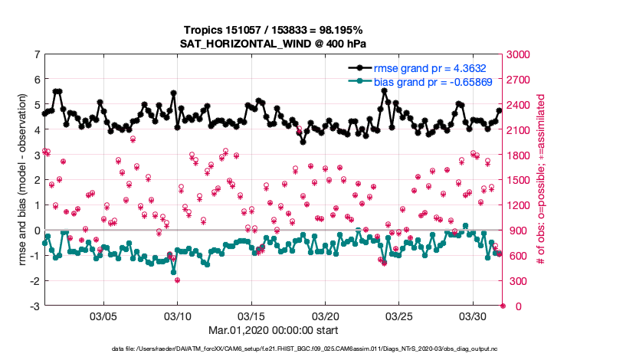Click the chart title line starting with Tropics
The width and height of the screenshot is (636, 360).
click(274, 28)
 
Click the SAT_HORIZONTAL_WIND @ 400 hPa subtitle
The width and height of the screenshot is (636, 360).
click(274, 43)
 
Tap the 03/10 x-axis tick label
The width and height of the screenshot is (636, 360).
click(178, 316)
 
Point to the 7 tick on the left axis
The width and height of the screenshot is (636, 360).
click(37, 55)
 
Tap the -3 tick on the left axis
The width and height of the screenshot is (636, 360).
click(34, 306)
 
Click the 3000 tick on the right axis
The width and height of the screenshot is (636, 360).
click(519, 55)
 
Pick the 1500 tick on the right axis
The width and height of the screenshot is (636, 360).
click(519, 181)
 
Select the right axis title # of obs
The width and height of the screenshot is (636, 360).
click(541, 181)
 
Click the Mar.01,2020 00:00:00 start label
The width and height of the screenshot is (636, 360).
click(274, 330)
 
